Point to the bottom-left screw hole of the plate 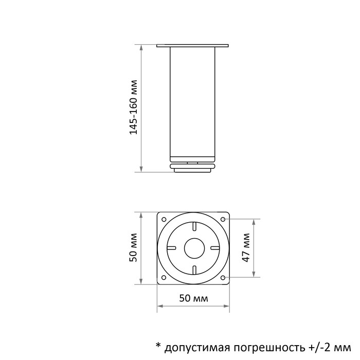pos(164,278)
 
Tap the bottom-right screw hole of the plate pos(224,278)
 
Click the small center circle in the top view pos(194,247)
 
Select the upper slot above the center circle pos(194,227)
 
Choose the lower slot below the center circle pos(194,268)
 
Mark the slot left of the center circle pos(173,247)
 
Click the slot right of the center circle pos(215,247)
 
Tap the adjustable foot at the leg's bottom pos(193,167)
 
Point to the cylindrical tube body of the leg pos(193,103)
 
